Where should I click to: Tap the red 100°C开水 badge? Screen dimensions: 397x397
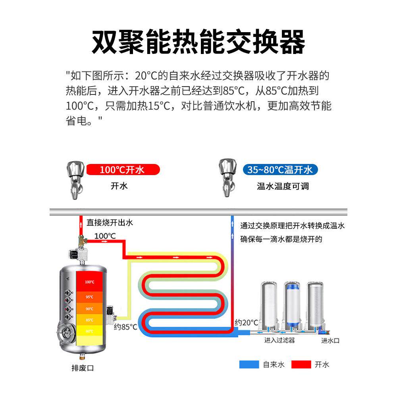tap(123, 170)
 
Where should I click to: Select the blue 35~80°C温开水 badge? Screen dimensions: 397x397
tap(280, 170)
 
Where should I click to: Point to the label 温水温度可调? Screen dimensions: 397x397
tap(282, 186)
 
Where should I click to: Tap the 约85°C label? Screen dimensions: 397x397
tap(125, 327)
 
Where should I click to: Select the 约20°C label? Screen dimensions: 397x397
tap(246, 322)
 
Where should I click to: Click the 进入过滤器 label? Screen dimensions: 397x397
tap(279, 340)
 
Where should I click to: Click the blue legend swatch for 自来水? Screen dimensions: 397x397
tap(249, 364)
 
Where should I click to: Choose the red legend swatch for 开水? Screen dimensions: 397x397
tap(301, 364)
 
